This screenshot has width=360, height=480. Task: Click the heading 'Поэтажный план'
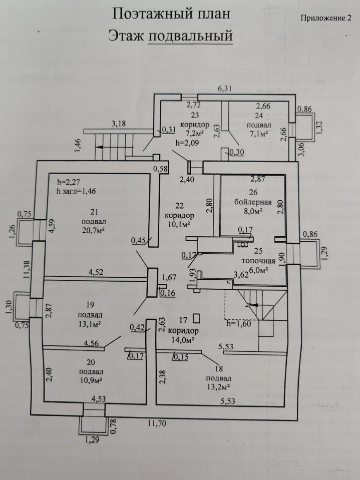click(171, 14)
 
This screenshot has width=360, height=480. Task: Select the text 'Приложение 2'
click(325, 18)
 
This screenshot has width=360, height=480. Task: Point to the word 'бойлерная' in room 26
click(252, 202)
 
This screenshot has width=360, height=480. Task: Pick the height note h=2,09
click(187, 144)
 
